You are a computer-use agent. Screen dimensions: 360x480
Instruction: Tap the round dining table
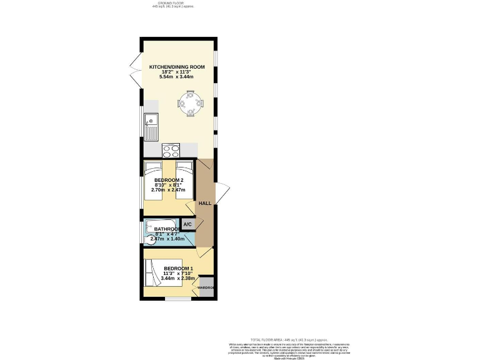(x=190, y=102)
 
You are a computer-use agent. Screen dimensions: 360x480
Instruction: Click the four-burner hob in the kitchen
(x=171, y=150)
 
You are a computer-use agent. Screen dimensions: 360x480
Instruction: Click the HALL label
(x=204, y=204)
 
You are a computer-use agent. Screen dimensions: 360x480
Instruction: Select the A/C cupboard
(x=187, y=224)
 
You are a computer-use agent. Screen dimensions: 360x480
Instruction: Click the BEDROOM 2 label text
(x=168, y=181)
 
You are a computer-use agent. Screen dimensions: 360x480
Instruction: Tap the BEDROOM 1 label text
(x=178, y=269)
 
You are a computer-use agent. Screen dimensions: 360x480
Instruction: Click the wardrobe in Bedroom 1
(x=206, y=287)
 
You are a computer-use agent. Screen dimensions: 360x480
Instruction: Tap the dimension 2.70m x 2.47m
(x=168, y=190)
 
